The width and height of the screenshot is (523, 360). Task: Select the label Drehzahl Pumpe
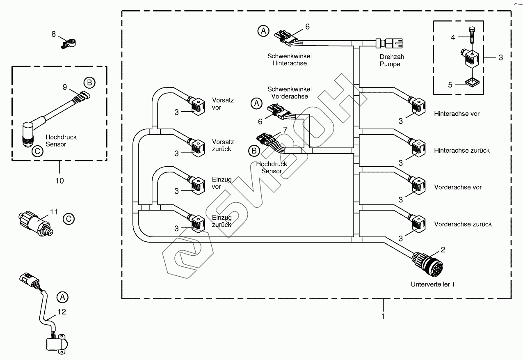coord(390,60)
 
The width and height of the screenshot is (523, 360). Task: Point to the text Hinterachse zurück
coord(462,151)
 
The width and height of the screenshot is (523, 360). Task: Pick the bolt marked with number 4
coord(472,37)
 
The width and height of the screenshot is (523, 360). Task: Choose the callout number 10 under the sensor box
coord(59,180)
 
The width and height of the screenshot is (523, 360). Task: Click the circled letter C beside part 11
coord(69,219)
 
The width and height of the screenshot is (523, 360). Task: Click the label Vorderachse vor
coord(458,187)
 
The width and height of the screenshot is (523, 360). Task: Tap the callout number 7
coord(284,130)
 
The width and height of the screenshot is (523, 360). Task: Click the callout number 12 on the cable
coord(62,312)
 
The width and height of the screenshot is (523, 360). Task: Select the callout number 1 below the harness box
coord(384,316)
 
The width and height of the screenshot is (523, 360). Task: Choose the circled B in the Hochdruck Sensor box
coord(89,83)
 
